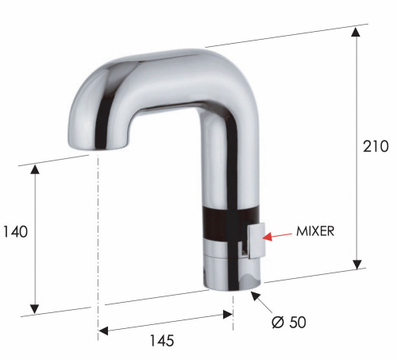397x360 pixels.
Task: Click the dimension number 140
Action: coord(15,232)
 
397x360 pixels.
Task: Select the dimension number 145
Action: coord(161,339)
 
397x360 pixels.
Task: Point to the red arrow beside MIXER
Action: coord(279,235)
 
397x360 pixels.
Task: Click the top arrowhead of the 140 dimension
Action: coord(35,169)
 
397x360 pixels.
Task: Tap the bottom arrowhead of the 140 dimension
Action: coord(35,308)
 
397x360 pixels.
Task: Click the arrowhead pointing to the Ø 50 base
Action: coord(255,296)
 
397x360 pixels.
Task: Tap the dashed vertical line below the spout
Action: coord(98,238)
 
